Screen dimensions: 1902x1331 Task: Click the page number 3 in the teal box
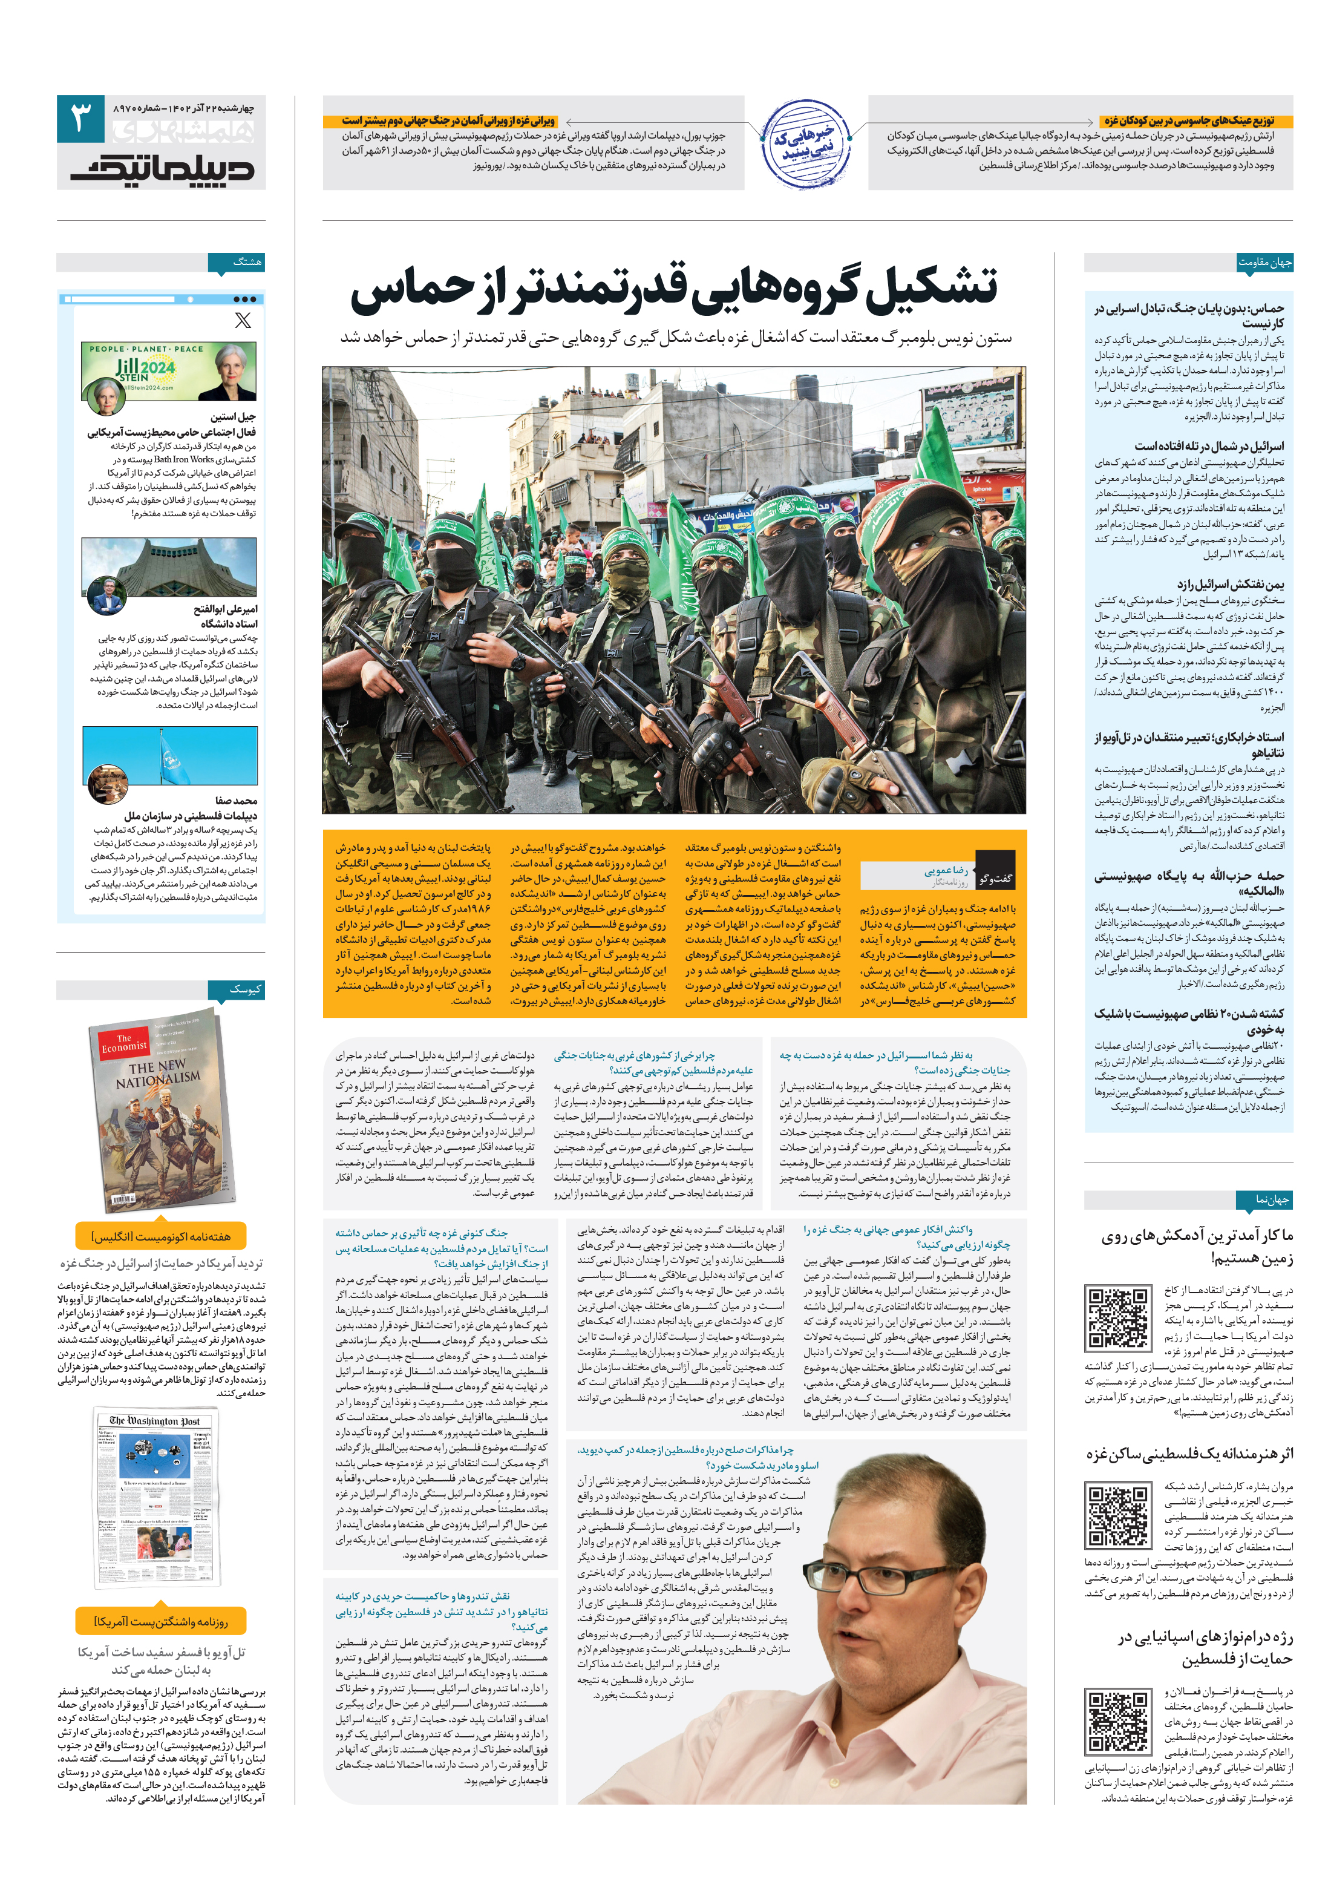[80, 119]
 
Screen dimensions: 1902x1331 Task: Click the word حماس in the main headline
[411, 290]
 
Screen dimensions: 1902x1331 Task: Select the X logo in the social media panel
[243, 321]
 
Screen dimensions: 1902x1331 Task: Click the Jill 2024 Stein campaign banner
[169, 370]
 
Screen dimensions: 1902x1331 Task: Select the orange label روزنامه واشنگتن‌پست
[161, 1622]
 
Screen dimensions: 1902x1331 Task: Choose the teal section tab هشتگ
[246, 262]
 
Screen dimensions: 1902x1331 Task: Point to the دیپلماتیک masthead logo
[162, 168]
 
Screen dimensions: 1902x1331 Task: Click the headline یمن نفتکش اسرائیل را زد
[1230, 584]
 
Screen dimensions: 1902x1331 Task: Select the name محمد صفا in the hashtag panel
[236, 800]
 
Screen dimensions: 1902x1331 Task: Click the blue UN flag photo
[170, 755]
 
